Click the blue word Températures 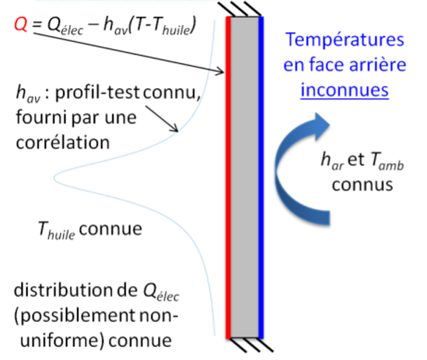[344, 40]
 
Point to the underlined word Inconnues [343, 90]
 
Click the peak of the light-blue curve [56, 177]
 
